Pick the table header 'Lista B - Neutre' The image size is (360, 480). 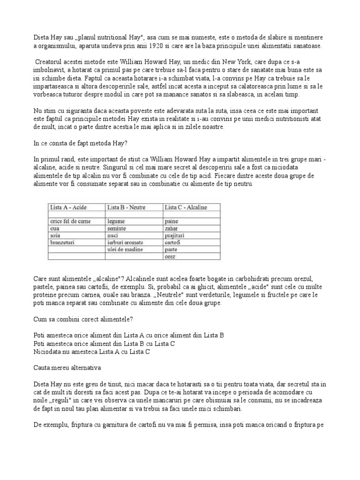[127, 207]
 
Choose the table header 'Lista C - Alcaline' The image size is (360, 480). [186, 207]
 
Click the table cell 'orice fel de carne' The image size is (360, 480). [71, 221]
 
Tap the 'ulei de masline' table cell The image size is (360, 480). [125, 250]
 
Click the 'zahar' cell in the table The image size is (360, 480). [172, 228]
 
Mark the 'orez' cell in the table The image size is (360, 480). [171, 257]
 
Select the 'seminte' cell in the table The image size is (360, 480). [117, 228]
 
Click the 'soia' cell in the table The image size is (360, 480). [56, 236]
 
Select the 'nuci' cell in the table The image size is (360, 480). [113, 236]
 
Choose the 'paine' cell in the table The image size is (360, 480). [171, 221]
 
